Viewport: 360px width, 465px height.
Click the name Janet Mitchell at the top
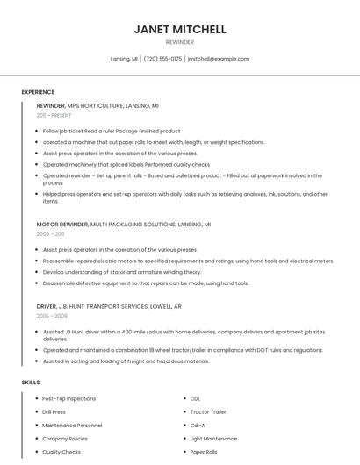(x=180, y=29)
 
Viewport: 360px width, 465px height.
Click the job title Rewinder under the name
(x=180, y=42)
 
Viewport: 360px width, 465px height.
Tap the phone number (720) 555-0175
(x=162, y=59)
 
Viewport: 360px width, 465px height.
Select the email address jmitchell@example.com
(x=219, y=59)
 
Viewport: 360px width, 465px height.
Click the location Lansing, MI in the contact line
(x=124, y=59)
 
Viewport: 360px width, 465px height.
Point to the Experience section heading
(x=38, y=92)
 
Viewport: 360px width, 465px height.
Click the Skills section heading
(x=30, y=383)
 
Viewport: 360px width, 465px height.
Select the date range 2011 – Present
(x=54, y=115)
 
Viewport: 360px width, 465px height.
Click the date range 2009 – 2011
(x=50, y=234)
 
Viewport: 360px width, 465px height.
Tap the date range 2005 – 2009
(x=52, y=315)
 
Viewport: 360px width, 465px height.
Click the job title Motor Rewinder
(x=61, y=225)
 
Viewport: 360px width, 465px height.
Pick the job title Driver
(x=47, y=306)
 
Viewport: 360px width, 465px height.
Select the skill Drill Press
(x=54, y=411)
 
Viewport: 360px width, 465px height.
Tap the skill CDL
(x=196, y=398)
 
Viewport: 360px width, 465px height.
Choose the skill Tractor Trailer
(x=208, y=411)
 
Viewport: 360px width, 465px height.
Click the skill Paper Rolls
(x=205, y=452)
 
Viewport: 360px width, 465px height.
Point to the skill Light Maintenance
(x=213, y=438)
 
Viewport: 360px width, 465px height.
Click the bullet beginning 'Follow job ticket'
(x=112, y=131)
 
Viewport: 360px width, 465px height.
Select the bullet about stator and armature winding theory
(x=121, y=272)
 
